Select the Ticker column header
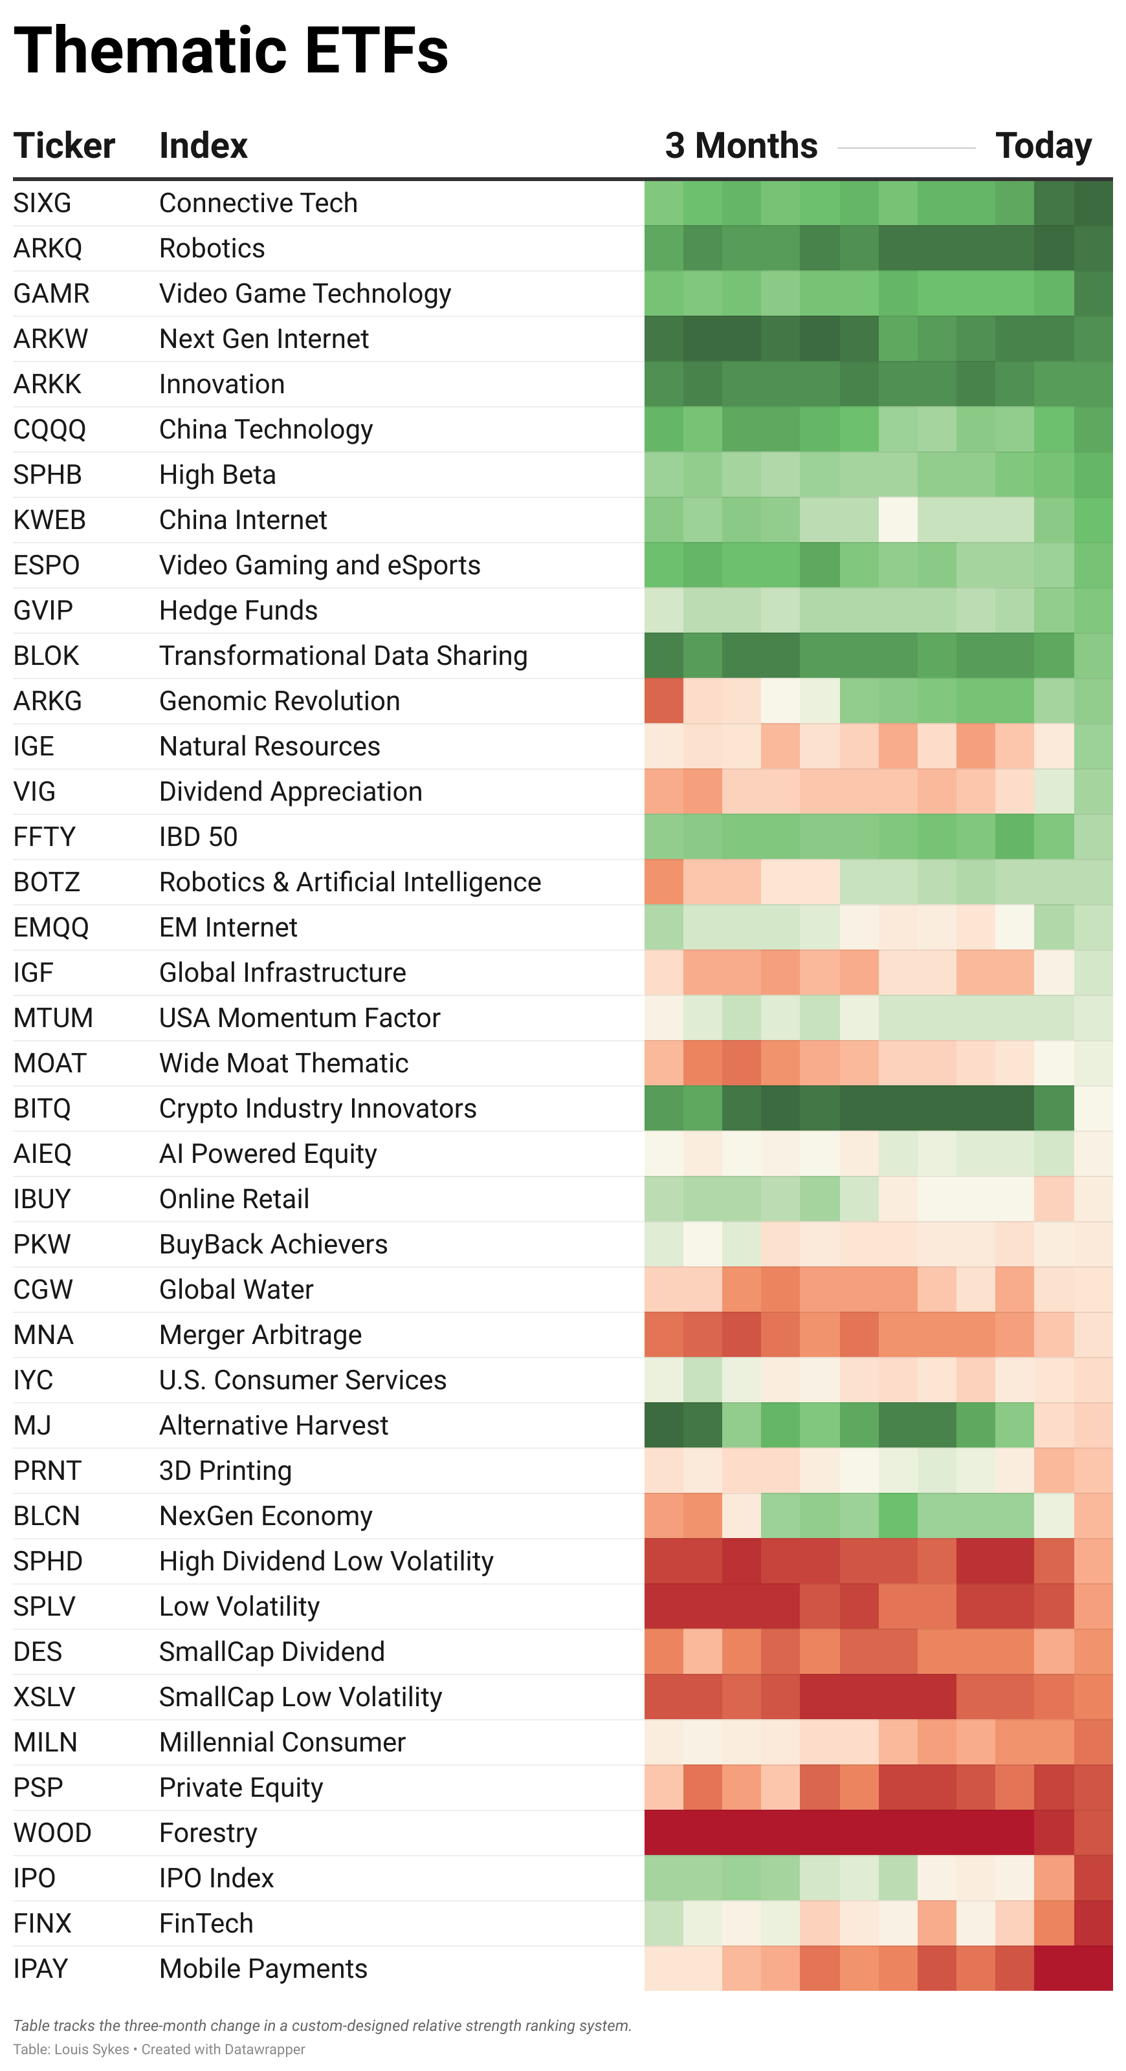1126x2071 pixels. coord(64,146)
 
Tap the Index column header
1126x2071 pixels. coord(203,146)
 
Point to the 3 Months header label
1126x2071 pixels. coord(741,146)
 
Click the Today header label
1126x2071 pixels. coord(1043,146)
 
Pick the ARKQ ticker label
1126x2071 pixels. coord(47,248)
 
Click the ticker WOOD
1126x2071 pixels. coord(52,1832)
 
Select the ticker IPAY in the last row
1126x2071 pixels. coord(41,1968)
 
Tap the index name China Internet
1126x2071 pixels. coord(243,520)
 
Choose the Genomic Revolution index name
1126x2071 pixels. coord(279,701)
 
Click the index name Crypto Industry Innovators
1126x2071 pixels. coord(318,1109)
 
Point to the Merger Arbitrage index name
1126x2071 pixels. coord(261,1334)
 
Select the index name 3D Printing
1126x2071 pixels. coord(225,1470)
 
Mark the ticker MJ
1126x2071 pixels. coord(32,1426)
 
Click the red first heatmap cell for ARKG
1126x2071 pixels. coord(663,701)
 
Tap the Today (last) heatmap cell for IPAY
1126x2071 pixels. coord(1093,1968)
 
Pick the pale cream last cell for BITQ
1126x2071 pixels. coord(1093,1109)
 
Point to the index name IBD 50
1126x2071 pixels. coord(199,837)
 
